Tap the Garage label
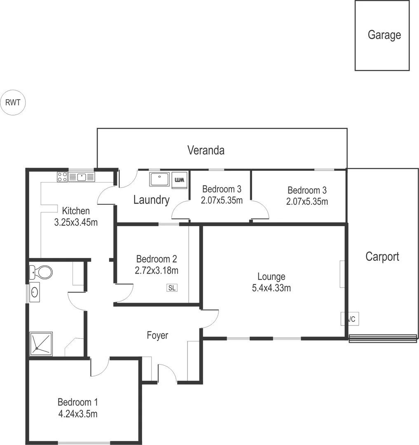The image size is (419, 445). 384,35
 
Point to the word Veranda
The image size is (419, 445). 206,150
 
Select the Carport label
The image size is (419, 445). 382,257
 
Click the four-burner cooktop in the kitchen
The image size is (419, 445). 62,177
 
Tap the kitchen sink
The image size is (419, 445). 82,177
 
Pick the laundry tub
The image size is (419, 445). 159,180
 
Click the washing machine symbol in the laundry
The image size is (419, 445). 180,180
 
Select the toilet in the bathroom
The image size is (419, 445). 42,272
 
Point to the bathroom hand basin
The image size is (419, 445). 35,292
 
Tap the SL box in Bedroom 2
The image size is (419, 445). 172,288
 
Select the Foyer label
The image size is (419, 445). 157,335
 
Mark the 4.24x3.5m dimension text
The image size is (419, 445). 77,414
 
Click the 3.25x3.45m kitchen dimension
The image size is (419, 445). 76,223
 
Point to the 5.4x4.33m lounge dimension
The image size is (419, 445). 271,288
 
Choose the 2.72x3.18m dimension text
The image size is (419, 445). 157,270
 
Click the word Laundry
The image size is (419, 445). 151,200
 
